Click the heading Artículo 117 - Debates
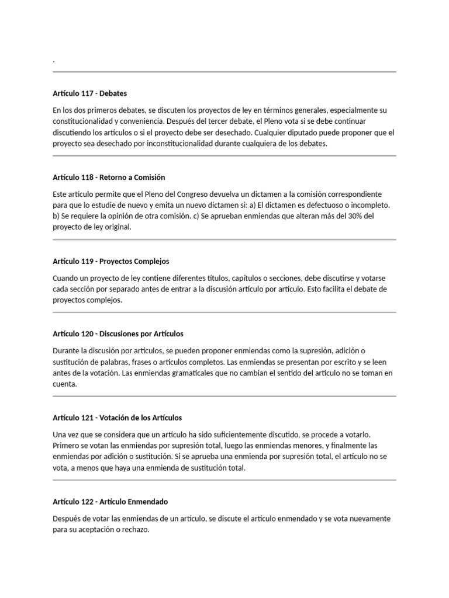pos(89,93)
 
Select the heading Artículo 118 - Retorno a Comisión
pos(109,177)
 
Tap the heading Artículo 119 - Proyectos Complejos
pos(110,261)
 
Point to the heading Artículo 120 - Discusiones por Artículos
pos(118,333)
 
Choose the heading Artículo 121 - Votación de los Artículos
pos(117,418)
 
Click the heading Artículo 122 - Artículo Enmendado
pos(110,502)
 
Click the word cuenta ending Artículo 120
pos(64,384)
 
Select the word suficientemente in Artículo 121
pos(260,434)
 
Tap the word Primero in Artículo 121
pos(67,446)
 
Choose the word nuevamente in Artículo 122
pos(371,519)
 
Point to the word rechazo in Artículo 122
pos(135,530)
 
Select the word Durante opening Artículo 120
pos(67,350)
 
